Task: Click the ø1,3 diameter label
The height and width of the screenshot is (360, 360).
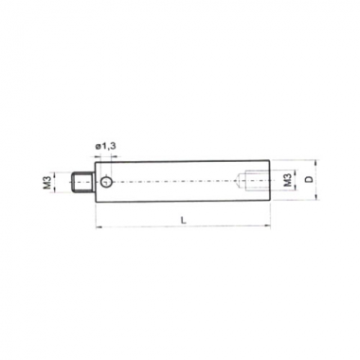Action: [105, 147]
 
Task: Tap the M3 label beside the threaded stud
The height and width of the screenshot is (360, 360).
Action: [47, 182]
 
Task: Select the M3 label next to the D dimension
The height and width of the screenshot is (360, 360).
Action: [287, 180]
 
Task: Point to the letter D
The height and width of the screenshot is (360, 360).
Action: [310, 179]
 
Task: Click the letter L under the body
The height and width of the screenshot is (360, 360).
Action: [184, 221]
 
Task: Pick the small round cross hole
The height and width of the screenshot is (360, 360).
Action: [106, 182]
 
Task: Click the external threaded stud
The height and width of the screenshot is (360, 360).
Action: [81, 182]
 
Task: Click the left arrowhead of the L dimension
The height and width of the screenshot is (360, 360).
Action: [98, 226]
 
